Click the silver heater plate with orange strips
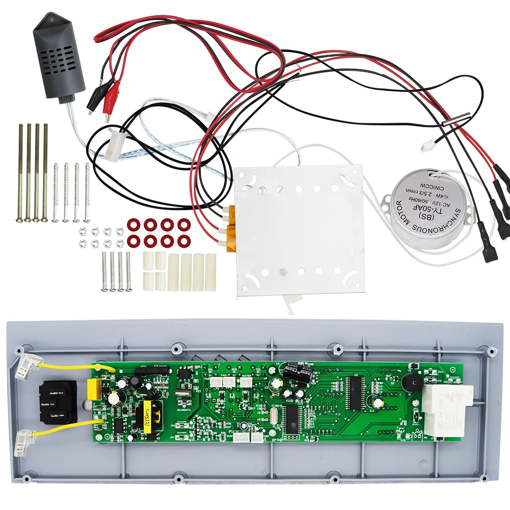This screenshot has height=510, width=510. (298, 229)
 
